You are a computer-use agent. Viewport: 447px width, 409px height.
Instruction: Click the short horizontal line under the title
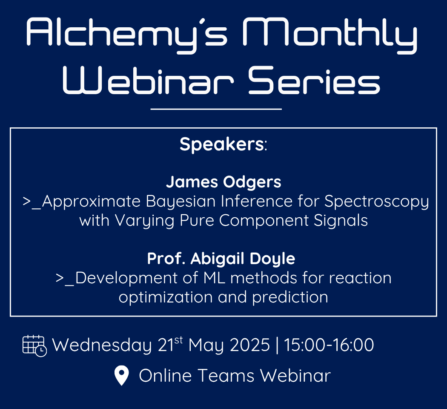(x=216, y=109)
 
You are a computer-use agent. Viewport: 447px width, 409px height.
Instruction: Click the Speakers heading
(x=223, y=144)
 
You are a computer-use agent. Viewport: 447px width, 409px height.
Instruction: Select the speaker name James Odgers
(x=223, y=182)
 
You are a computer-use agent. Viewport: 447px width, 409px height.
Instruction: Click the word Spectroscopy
(x=377, y=202)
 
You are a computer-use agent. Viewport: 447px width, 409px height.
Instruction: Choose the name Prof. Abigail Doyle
(x=221, y=259)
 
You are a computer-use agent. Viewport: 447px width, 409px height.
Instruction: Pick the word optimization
(x=166, y=297)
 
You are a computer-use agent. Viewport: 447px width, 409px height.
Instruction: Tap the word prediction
(x=290, y=297)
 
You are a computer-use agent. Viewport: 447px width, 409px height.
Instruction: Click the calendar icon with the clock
(x=34, y=346)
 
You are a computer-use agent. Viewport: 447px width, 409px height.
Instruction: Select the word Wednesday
(x=102, y=345)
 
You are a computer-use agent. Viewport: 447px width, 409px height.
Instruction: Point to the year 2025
(x=250, y=345)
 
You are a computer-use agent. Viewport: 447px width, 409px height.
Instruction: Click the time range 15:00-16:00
(x=329, y=345)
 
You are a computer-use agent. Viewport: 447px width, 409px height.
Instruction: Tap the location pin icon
(x=121, y=376)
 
